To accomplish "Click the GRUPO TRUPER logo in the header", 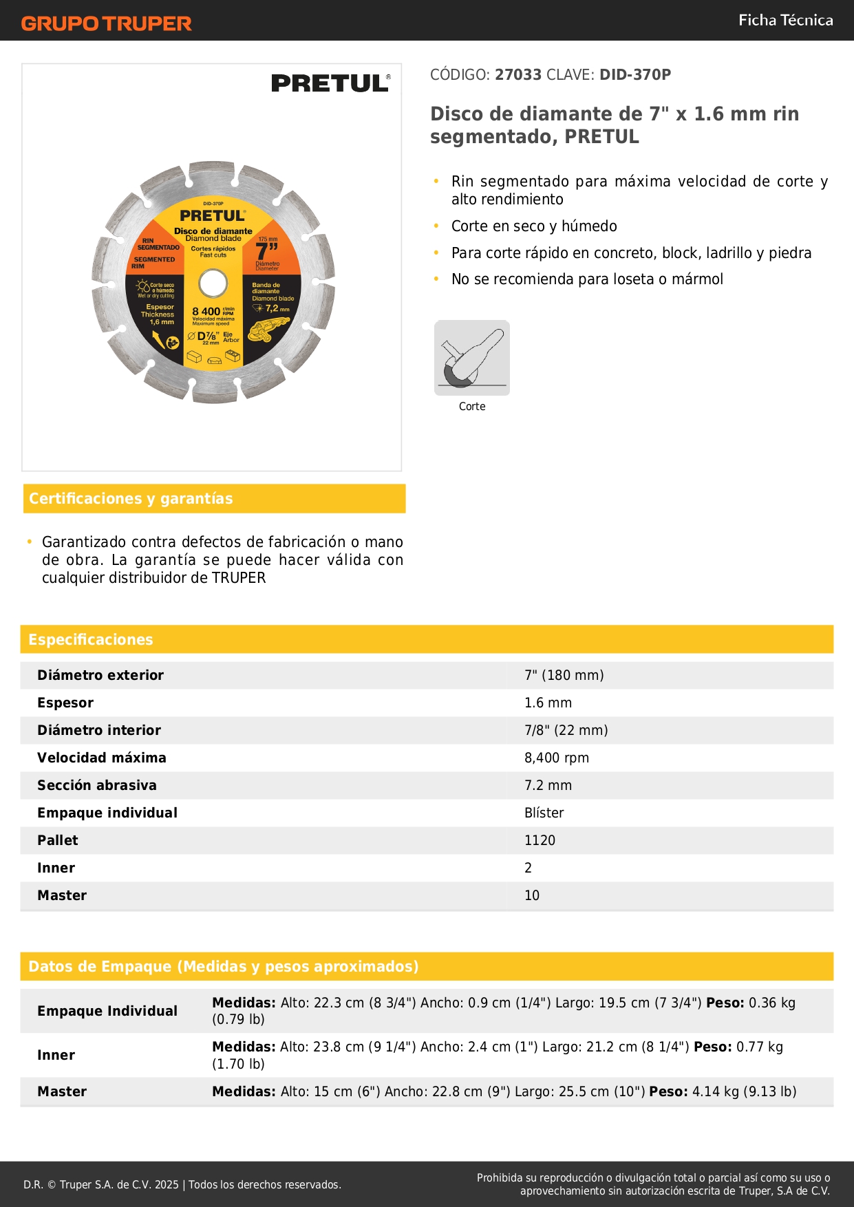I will [106, 23].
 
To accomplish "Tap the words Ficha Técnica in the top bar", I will [785, 20].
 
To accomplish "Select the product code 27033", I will [518, 74].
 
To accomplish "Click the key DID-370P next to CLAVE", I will [634, 74].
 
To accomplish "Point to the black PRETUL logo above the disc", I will [330, 83].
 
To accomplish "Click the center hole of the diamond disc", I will [213, 283].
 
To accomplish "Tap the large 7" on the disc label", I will [266, 251].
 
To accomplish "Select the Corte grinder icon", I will [472, 358].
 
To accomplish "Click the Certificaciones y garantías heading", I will [131, 498].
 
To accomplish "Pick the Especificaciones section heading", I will [91, 639].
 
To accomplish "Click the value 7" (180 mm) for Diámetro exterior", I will [564, 675].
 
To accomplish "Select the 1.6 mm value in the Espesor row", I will [548, 703].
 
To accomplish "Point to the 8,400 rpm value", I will [557, 758].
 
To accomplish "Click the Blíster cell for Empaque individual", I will [544, 813].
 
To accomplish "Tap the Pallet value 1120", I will [540, 840].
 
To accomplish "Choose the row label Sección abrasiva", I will [97, 785].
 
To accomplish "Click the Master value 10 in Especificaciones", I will [532, 895].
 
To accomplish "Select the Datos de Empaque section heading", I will [223, 966].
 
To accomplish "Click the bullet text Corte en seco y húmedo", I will [534, 226].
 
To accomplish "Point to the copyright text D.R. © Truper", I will [182, 1184].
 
